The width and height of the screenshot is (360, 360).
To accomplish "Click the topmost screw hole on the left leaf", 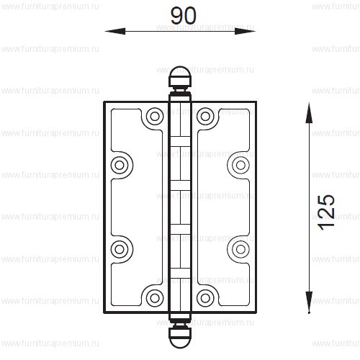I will point(153,115).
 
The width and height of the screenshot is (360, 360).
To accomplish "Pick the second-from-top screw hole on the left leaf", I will point(119,165).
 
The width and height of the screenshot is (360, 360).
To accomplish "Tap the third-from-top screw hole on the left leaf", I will point(119,248).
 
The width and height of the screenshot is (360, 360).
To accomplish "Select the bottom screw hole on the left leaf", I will point(153,297).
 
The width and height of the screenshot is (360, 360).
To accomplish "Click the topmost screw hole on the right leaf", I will point(206,115).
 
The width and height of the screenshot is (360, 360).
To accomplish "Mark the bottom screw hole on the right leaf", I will point(206,297).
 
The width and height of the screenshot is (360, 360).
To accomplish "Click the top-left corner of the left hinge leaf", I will point(105,102).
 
